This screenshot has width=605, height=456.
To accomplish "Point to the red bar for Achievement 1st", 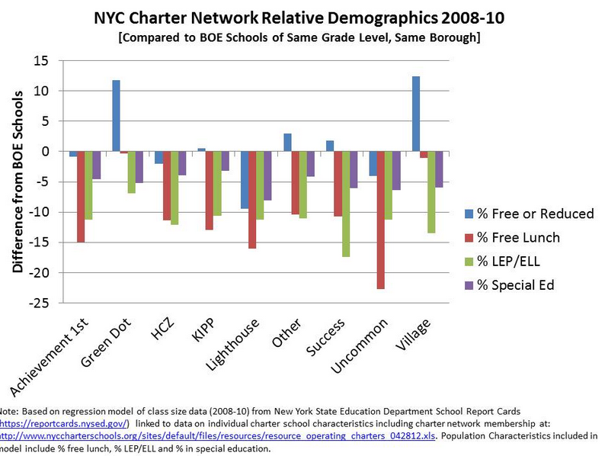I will tap(81, 197).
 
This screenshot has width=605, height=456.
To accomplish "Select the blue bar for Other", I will tap(287, 142).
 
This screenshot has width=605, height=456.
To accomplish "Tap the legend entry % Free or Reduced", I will tap(527, 214).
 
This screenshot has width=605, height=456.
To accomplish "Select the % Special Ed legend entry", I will tap(519, 285).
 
